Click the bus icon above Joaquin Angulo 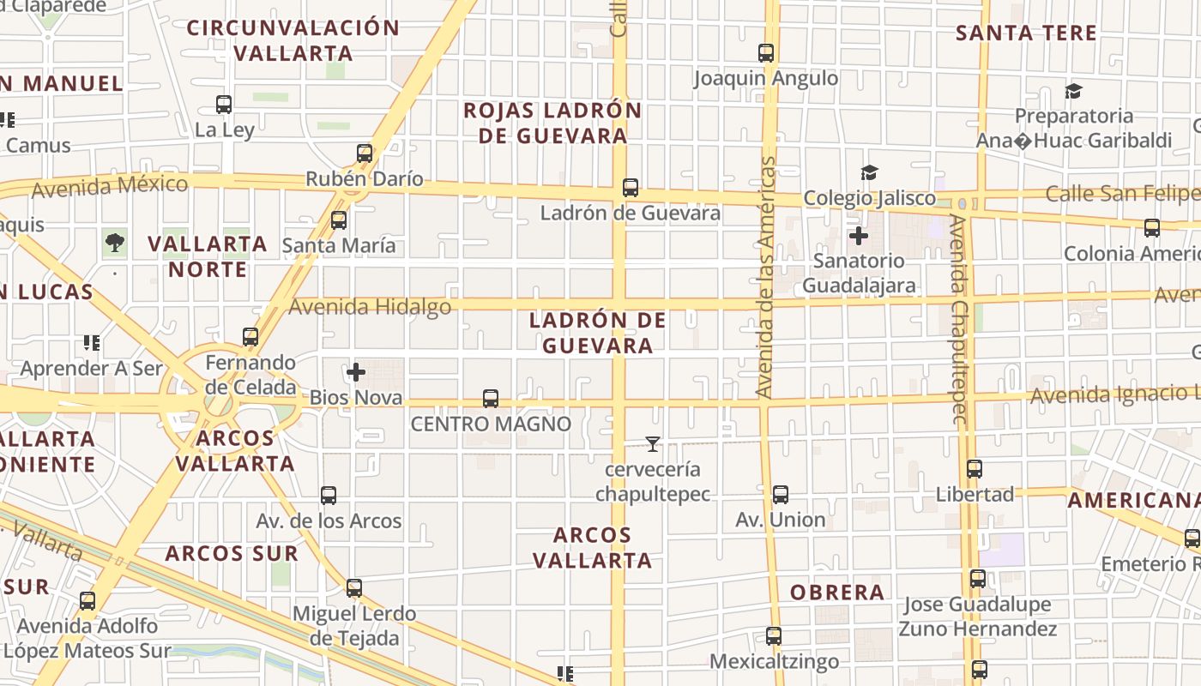[766, 53]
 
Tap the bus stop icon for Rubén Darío [365, 153]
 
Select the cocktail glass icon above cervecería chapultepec [653, 444]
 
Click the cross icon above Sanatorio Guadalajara [858, 235]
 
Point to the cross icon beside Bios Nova [356, 372]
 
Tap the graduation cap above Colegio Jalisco [870, 173]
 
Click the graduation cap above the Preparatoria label [1073, 91]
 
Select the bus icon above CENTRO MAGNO [491, 399]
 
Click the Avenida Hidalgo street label [371, 307]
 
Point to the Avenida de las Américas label [766, 277]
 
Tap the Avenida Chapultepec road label [960, 320]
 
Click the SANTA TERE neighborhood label [1026, 33]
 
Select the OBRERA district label [837, 593]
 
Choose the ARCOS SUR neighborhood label [232, 553]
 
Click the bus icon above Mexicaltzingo [774, 636]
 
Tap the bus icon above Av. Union [781, 495]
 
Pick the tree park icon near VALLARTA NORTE [114, 243]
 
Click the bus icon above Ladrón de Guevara [631, 188]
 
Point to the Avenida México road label [109, 185]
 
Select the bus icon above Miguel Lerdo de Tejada [354, 588]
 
